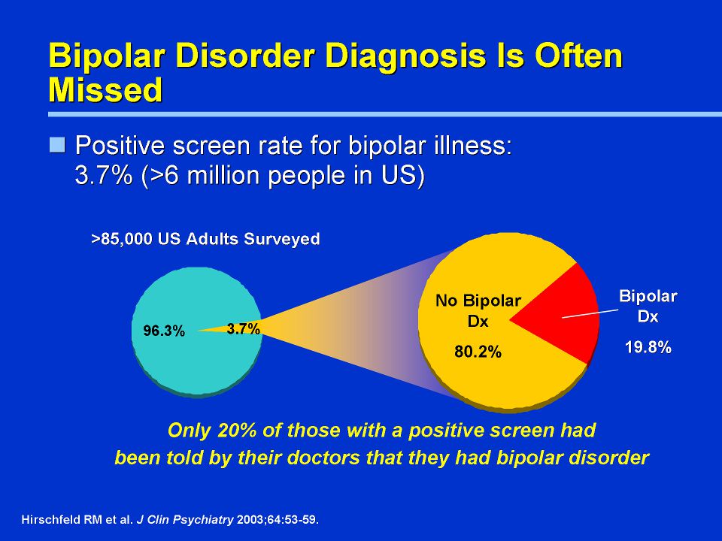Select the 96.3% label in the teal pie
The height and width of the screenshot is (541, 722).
[x=164, y=331]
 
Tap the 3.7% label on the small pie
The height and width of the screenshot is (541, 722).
[x=244, y=329]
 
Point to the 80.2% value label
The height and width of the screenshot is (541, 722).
[x=478, y=352]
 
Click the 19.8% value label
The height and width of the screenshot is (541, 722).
[x=648, y=347]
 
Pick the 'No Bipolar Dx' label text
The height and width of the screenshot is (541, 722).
[x=478, y=311]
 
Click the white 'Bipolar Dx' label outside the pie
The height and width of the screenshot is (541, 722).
[x=648, y=306]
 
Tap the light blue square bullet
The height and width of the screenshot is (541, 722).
[x=57, y=144]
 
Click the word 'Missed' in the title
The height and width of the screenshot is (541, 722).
[x=105, y=89]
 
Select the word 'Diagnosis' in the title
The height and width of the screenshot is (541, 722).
[x=399, y=56]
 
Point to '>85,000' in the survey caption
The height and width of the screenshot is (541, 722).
[x=122, y=239]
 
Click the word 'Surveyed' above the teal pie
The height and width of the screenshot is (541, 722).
[x=282, y=239]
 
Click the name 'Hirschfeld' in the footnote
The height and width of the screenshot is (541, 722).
[x=52, y=520]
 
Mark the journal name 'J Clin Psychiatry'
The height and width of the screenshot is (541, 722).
[x=185, y=520]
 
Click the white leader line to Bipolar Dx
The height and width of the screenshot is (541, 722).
[x=590, y=313]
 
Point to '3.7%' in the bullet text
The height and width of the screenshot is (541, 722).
[x=103, y=175]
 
